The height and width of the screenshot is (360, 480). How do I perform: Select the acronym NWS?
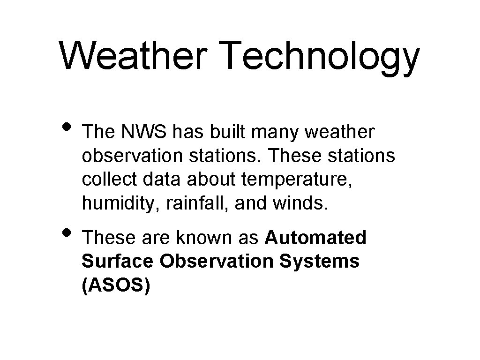tap(145, 133)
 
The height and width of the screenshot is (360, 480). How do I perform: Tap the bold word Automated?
tap(315, 238)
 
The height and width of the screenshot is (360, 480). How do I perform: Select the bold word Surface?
tap(117, 261)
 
